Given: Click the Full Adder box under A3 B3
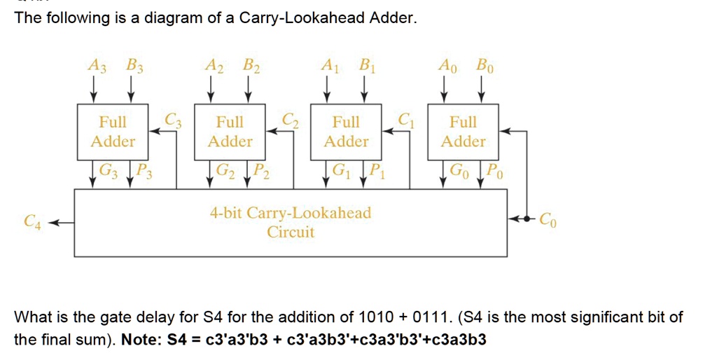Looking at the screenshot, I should (x=113, y=132).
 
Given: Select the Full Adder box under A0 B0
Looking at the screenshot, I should (x=463, y=132).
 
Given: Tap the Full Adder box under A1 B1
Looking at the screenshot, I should (x=346, y=132).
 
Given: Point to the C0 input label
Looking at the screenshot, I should (x=549, y=220).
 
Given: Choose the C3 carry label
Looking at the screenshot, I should (x=172, y=118).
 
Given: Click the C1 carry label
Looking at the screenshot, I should (x=405, y=118).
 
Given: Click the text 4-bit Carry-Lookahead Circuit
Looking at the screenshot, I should (x=291, y=222).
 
